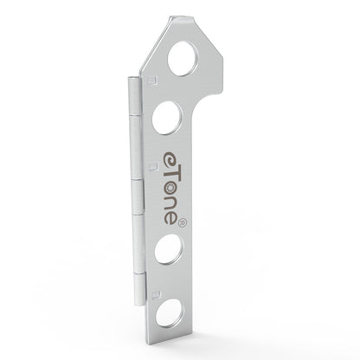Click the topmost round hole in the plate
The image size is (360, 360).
(x=183, y=59)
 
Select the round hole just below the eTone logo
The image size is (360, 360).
(x=169, y=249)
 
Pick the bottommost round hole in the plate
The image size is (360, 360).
(x=170, y=313)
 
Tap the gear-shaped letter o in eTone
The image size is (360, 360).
(x=171, y=189)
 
